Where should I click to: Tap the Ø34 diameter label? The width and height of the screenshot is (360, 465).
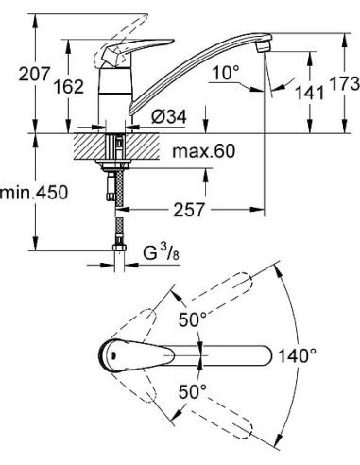point(169,115)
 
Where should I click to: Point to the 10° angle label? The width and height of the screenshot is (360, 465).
point(225,73)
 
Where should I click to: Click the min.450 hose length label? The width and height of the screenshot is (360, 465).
point(31,193)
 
